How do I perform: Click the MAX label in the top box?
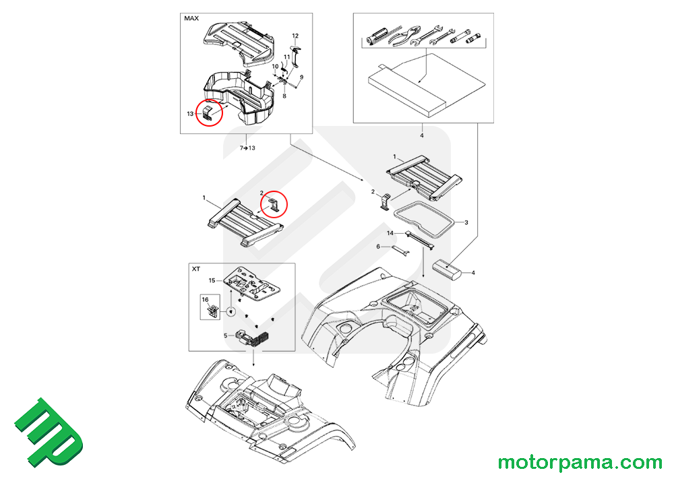coord(191,18)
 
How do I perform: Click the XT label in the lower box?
coord(196,269)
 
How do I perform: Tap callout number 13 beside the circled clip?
coord(191,114)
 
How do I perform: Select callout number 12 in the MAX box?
coord(295,36)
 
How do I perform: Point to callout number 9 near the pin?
coord(302,77)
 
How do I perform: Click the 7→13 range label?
coord(247,148)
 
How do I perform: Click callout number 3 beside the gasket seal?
coord(466,222)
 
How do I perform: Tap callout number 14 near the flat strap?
coord(390,233)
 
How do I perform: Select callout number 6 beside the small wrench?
coord(378,247)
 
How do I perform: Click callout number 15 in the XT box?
coord(212,280)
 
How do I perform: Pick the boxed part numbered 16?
coord(210,307)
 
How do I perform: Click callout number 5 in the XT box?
coord(226,335)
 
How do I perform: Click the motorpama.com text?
coord(580,463)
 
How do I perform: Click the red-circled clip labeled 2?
coord(274,205)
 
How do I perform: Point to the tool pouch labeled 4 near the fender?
coord(447,269)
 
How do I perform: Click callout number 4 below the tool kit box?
coord(422,135)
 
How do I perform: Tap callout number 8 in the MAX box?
coord(284,96)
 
